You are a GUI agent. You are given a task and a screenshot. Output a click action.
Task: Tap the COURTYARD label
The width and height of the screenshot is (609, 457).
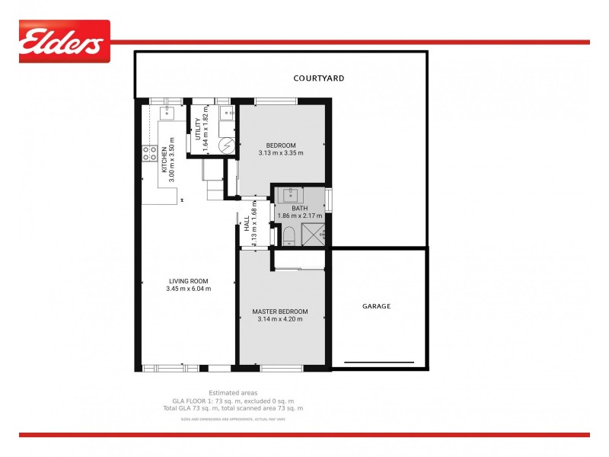(x=320, y=78)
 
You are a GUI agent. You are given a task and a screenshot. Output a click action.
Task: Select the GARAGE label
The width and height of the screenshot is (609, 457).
(x=376, y=306)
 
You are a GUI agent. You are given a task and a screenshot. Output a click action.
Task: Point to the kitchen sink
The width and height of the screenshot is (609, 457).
(x=168, y=113)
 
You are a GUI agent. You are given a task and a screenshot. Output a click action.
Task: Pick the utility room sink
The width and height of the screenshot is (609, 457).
(x=226, y=114)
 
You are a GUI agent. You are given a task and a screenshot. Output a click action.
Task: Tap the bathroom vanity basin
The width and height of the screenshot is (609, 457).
(x=290, y=196)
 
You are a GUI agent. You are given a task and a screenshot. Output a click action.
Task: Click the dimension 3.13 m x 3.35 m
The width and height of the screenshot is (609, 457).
(x=280, y=153)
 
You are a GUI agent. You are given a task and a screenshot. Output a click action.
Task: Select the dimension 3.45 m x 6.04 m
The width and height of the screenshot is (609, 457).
(x=189, y=289)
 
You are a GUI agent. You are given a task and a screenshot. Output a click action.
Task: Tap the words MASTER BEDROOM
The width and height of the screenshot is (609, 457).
(x=280, y=312)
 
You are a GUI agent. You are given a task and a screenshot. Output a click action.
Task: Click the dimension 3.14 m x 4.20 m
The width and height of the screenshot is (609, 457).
(x=280, y=319)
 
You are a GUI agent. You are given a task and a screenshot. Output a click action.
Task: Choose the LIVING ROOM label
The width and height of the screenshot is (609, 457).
(x=189, y=281)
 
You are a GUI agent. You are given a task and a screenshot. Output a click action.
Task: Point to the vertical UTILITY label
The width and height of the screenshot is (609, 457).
(x=198, y=129)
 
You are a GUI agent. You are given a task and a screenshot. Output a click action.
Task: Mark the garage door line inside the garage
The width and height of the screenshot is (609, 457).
(x=379, y=362)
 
